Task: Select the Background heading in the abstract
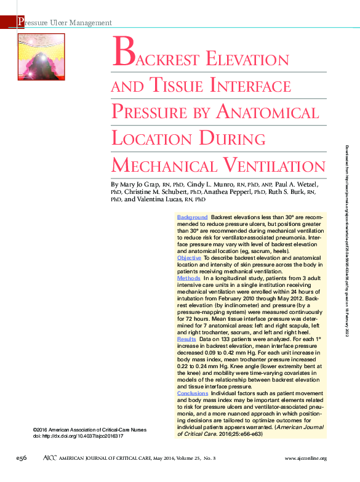pyautogui.click(x=192, y=217)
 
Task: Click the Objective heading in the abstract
pyautogui.click(x=189, y=257)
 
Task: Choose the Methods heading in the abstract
pyautogui.click(x=188, y=278)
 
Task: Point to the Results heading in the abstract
pyautogui.click(x=186, y=339)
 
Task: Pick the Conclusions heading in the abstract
pyautogui.click(x=193, y=393)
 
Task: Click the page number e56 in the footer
pyautogui.click(x=23, y=458)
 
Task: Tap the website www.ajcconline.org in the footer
pyautogui.click(x=305, y=459)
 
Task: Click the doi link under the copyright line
pyautogui.click(x=78, y=436)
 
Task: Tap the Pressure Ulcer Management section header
pyautogui.click(x=65, y=23)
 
